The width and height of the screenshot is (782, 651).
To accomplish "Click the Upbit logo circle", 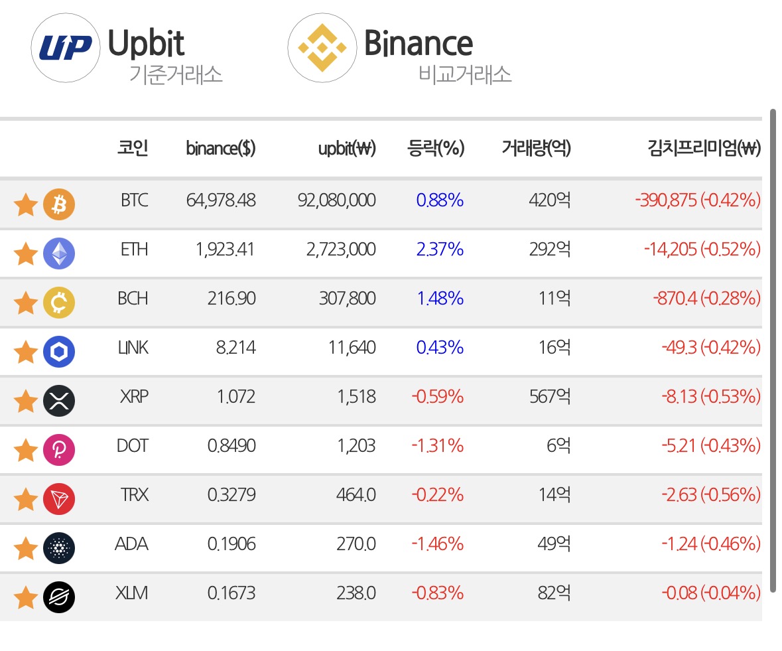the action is pyautogui.click(x=66, y=48).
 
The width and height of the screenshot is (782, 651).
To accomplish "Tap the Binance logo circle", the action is pyautogui.click(x=322, y=48).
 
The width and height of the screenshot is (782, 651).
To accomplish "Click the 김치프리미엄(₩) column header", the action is pyautogui.click(x=704, y=148).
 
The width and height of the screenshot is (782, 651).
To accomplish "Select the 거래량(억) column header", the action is pyautogui.click(x=536, y=148).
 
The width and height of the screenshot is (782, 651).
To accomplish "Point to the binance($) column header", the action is pyautogui.click(x=220, y=148).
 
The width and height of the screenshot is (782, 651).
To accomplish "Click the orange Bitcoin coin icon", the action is pyautogui.click(x=59, y=204).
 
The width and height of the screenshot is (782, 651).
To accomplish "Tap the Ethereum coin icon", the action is pyautogui.click(x=59, y=253).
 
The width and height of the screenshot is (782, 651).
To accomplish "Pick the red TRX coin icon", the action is pyautogui.click(x=59, y=499).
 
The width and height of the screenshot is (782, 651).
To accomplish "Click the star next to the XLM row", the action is pyautogui.click(x=25, y=597).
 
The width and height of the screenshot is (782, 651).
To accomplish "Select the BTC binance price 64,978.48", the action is pyautogui.click(x=221, y=200).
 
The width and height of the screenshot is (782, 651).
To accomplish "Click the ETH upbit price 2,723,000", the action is pyautogui.click(x=341, y=249).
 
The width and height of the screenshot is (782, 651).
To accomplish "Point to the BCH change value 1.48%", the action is pyautogui.click(x=440, y=299).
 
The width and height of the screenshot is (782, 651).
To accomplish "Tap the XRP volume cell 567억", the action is pyautogui.click(x=550, y=396).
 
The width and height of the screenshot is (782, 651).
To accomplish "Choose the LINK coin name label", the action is pyautogui.click(x=133, y=347).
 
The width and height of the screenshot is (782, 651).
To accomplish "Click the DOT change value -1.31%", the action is pyautogui.click(x=437, y=445).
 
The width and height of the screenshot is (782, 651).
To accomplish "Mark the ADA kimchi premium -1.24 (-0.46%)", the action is pyautogui.click(x=711, y=543).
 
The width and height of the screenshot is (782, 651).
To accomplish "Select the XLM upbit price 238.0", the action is pyautogui.click(x=356, y=593).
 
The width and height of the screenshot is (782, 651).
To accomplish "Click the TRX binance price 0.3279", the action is pyautogui.click(x=231, y=494).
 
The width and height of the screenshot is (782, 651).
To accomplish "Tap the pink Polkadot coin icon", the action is pyautogui.click(x=59, y=450).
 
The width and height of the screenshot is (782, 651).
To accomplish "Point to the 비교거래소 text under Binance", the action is pyautogui.click(x=465, y=74).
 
